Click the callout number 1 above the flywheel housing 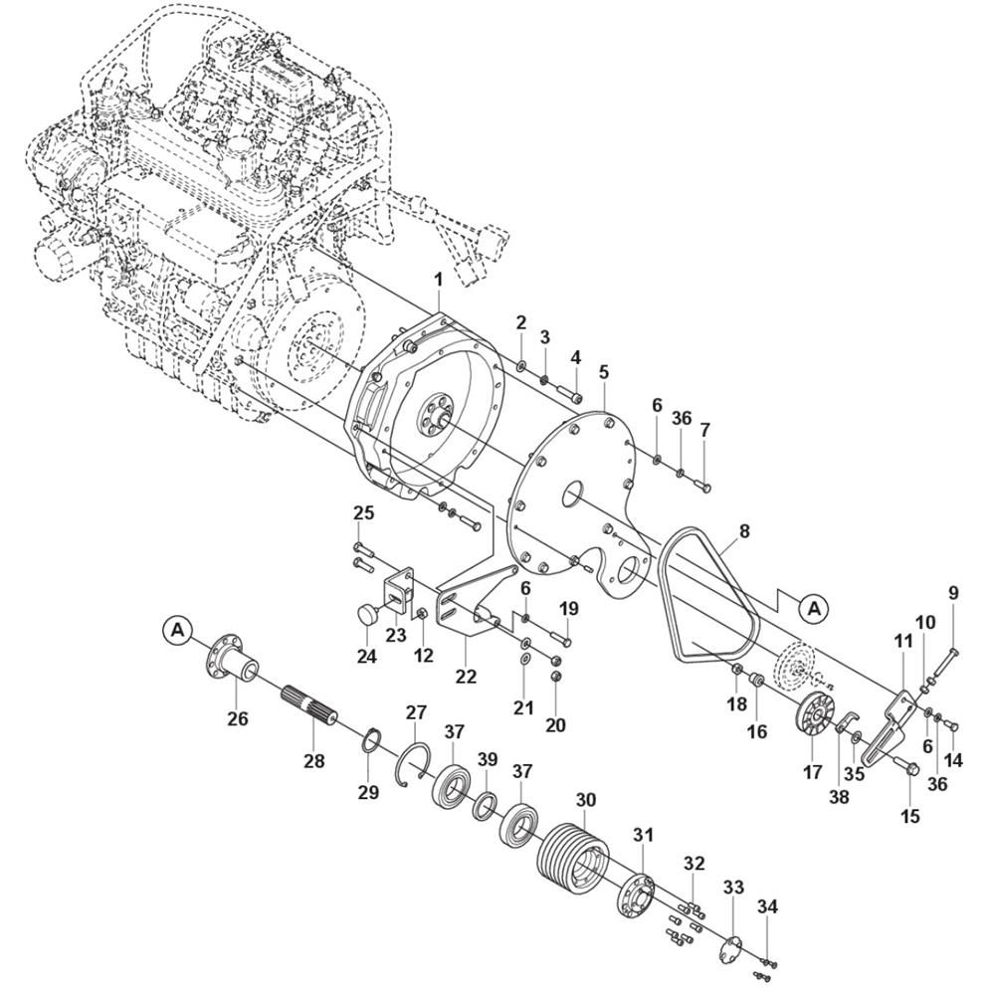439,282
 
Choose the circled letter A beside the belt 814,605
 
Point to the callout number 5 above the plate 604,372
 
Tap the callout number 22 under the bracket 466,676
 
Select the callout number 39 487,760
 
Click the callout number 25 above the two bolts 363,513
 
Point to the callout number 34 767,906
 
